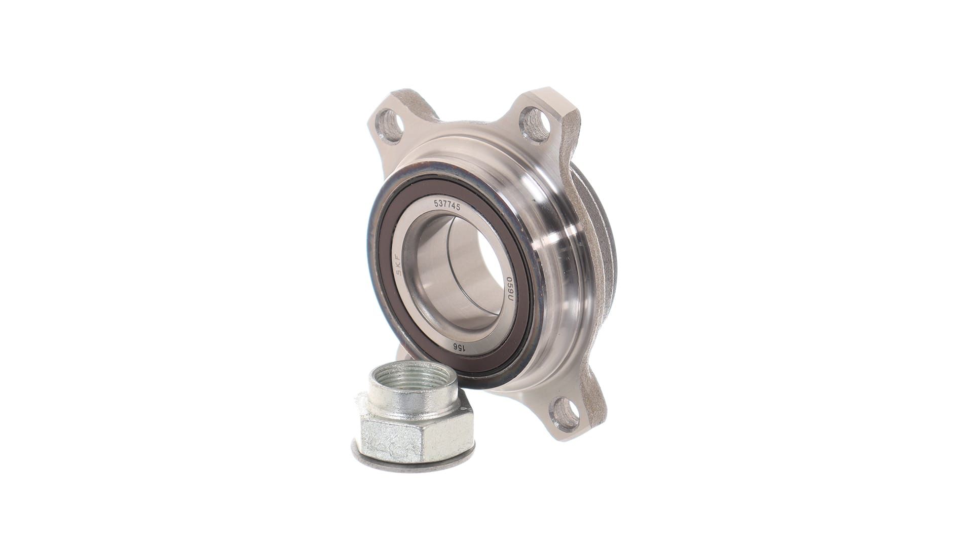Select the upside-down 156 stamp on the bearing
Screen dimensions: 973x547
[457, 347]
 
